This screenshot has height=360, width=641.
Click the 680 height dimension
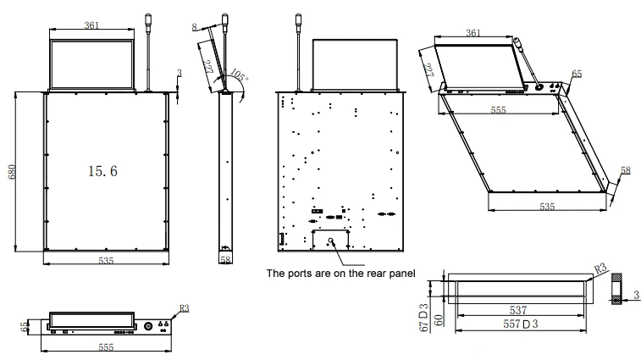click(12, 172)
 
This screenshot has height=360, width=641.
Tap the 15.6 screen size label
click(102, 171)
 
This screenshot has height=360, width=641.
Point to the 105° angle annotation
click(238, 75)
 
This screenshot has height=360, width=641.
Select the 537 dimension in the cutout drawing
click(517, 310)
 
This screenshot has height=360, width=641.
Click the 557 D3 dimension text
click(521, 324)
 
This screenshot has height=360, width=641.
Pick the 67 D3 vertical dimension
click(424, 318)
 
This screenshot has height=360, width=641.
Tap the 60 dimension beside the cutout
click(438, 320)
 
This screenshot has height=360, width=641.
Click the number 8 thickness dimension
click(194, 27)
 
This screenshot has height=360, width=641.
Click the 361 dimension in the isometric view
click(473, 33)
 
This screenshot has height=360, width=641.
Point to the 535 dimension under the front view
click(106, 261)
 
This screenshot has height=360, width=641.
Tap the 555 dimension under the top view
click(106, 347)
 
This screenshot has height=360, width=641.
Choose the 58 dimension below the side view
click(225, 259)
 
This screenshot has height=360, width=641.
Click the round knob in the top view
click(147, 326)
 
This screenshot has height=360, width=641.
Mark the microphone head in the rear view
click(298, 19)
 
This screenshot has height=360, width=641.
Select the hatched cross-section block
click(616, 288)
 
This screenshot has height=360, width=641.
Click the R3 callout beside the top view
click(184, 308)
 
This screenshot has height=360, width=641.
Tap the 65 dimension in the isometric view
click(577, 74)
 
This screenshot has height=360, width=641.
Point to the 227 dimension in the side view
click(209, 67)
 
